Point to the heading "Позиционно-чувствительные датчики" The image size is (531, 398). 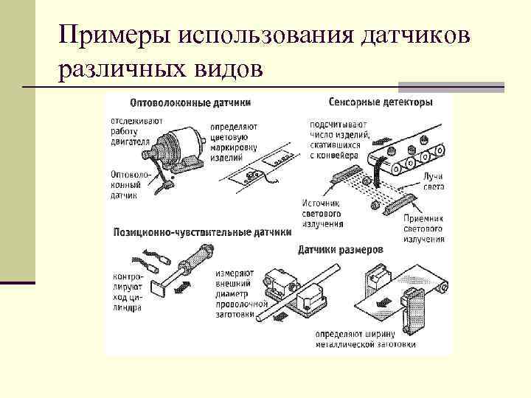point(201,231)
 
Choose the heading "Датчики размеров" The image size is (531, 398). point(340,250)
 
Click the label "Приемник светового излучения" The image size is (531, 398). point(423,228)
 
